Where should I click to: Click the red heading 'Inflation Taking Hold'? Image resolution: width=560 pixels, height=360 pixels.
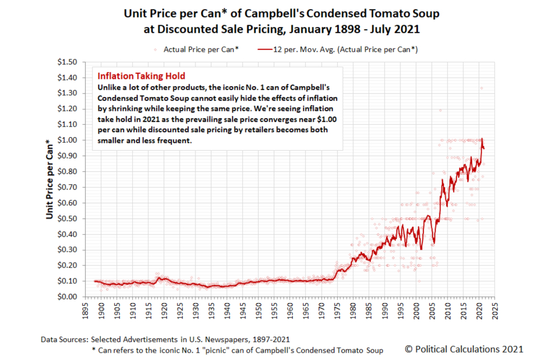141,76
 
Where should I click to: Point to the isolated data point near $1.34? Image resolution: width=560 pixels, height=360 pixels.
481,87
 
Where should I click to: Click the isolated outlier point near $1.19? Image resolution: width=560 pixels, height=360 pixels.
440,110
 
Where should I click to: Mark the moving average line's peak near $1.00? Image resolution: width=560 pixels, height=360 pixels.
482,139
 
